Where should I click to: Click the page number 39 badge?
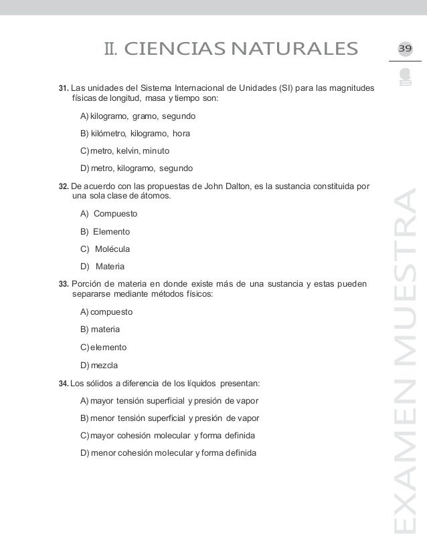(406, 49)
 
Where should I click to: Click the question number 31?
(64, 89)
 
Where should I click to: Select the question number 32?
(64, 186)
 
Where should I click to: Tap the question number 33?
(64, 283)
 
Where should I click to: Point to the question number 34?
(64, 384)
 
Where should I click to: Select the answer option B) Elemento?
(105, 232)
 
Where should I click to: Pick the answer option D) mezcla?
(98, 364)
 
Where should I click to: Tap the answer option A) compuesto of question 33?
(106, 312)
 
